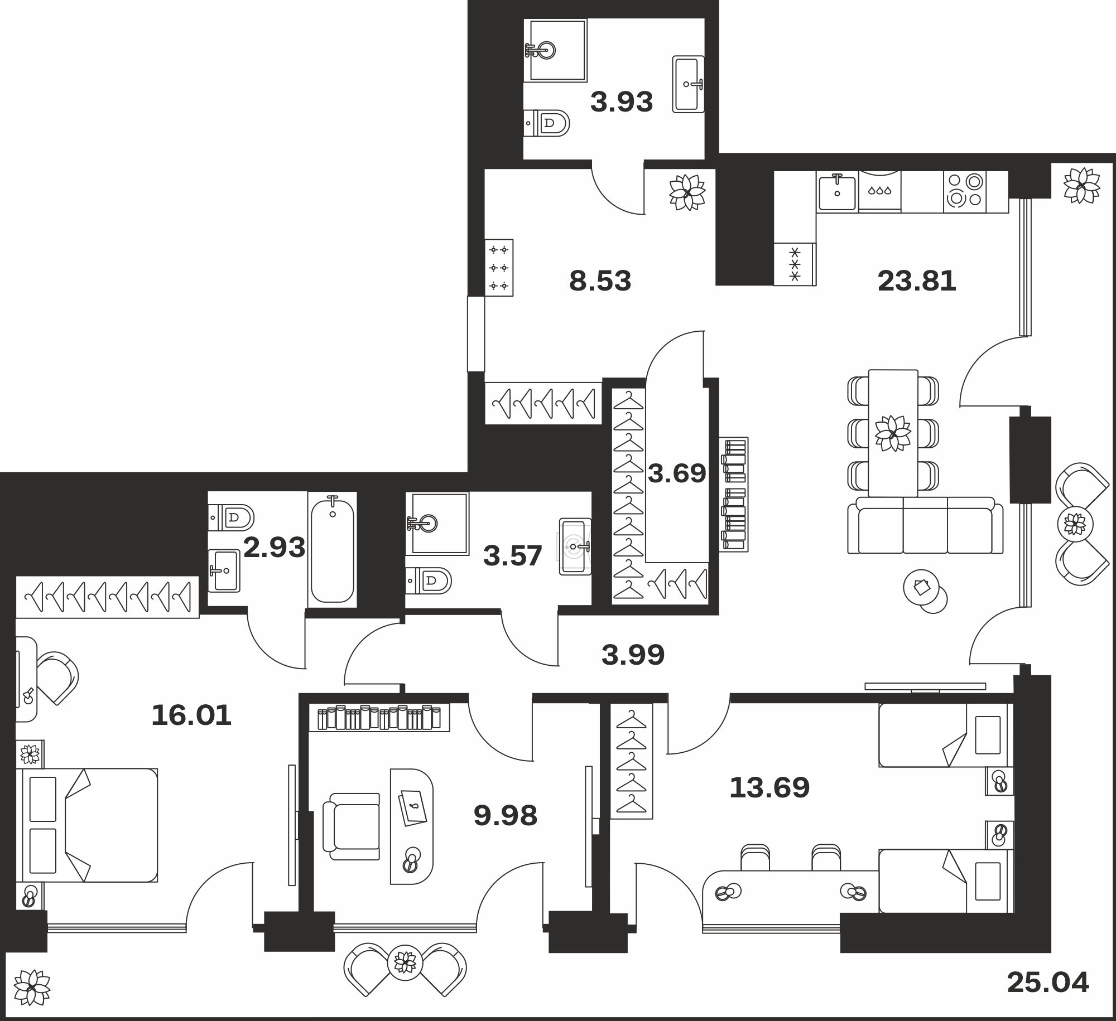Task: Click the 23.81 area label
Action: pyautogui.click(x=917, y=281)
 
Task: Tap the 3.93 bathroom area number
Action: pyautogui.click(x=622, y=103)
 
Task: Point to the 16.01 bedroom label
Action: pyautogui.click(x=191, y=715)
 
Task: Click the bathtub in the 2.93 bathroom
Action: pyautogui.click(x=333, y=549)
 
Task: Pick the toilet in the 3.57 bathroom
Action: pyautogui.click(x=429, y=581)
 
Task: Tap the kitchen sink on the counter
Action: pyautogui.click(x=837, y=192)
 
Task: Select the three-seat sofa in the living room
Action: pyautogui.click(x=925, y=525)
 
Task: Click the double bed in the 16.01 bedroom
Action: pyautogui.click(x=86, y=825)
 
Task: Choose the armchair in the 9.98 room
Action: pyautogui.click(x=352, y=826)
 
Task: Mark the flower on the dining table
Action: pyautogui.click(x=893, y=433)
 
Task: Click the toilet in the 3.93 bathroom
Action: pyautogui.click(x=547, y=123)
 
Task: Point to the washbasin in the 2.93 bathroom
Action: pyautogui.click(x=224, y=570)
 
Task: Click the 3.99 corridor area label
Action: pyautogui.click(x=633, y=655)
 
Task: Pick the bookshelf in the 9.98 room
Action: pyautogui.click(x=379, y=718)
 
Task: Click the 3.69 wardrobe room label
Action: pyautogui.click(x=677, y=473)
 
